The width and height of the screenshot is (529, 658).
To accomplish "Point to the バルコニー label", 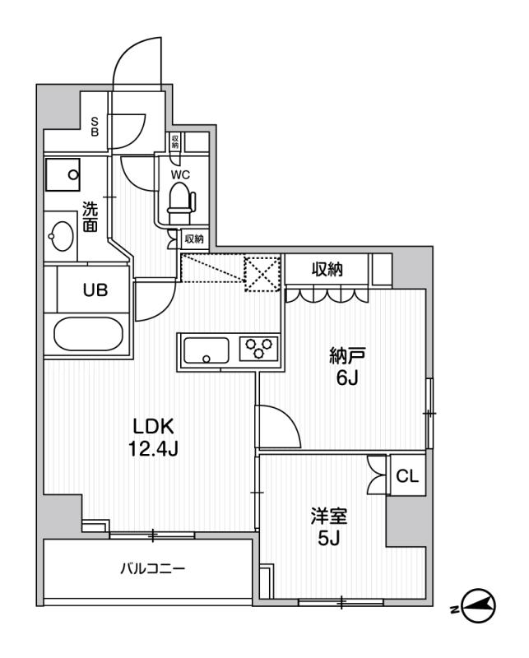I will click(153, 569).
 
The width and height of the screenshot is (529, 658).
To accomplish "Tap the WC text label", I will click(179, 174).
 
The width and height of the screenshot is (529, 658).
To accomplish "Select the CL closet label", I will click(407, 477).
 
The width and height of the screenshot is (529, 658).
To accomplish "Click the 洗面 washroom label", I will click(90, 217).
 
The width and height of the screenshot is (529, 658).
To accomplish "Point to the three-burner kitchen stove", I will click(257, 349).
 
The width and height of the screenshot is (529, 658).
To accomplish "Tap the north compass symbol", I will click(480, 606).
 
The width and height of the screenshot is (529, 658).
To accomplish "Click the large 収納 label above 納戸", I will click(327, 270).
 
